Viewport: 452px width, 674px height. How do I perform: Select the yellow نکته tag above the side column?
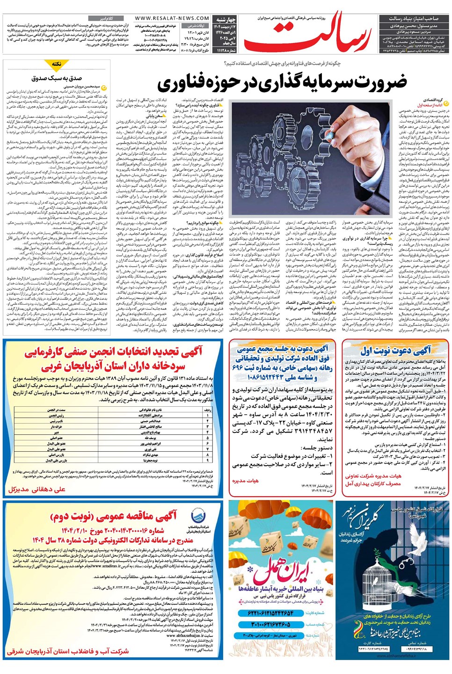(57, 64)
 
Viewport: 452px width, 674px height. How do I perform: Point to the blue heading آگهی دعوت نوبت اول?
(395, 350)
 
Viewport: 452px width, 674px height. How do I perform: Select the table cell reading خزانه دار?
(57, 426)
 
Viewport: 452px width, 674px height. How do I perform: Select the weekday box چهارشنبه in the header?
(225, 20)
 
